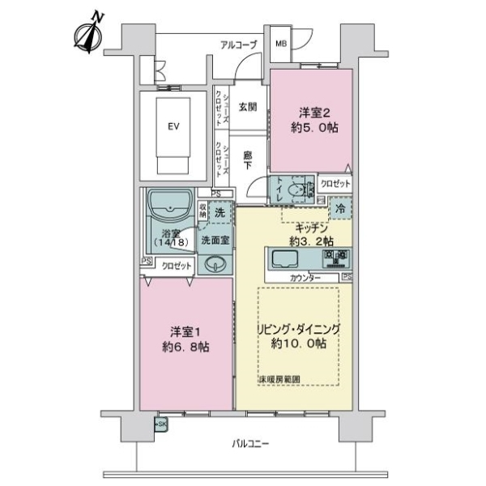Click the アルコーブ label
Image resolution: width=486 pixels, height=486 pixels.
(237, 45)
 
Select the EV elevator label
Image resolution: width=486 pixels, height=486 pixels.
(173, 126)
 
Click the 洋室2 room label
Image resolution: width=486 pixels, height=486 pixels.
(311, 119)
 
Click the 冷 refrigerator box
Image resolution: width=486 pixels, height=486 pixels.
(341, 209)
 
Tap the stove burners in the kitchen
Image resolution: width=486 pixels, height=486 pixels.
(336, 259)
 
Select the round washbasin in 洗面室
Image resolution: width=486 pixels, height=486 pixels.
(215, 263)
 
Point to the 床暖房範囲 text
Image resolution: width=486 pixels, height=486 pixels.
(279, 379)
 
